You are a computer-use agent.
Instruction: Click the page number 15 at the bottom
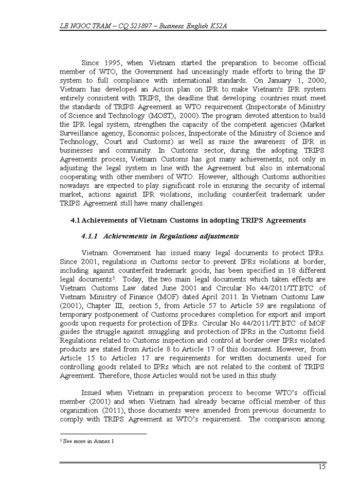click(x=321, y=467)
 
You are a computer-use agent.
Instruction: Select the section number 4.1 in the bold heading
click(x=75, y=220)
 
